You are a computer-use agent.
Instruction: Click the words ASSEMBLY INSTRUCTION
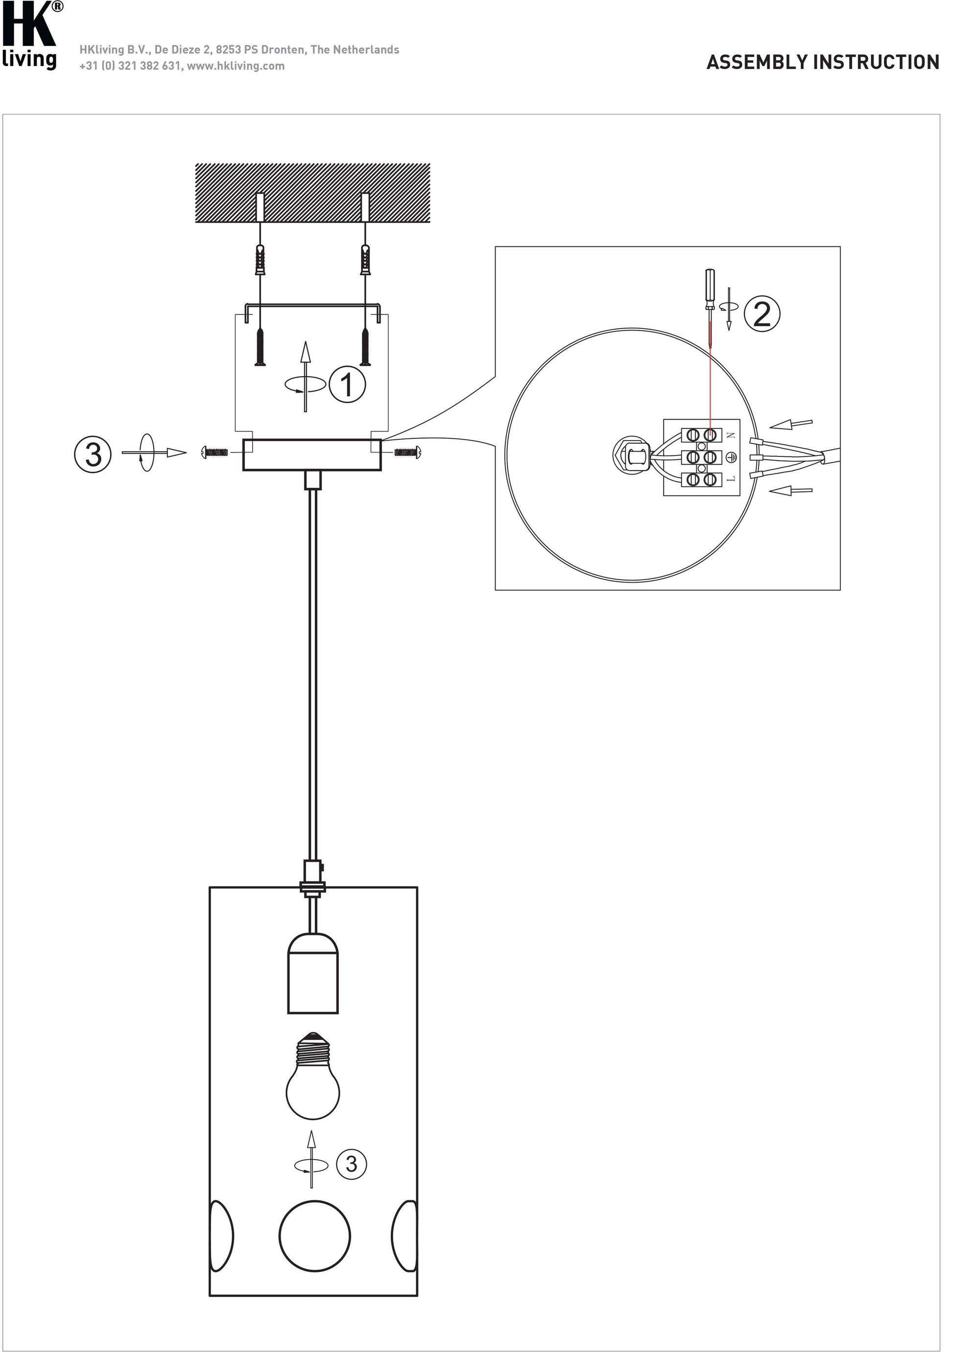pos(823,63)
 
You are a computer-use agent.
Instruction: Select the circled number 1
pos(347,384)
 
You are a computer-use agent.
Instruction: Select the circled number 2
pos(762,314)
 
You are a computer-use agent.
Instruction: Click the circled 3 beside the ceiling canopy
pos(93,454)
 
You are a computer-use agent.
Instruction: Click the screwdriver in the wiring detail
pos(711,309)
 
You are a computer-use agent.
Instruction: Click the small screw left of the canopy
pos(214,453)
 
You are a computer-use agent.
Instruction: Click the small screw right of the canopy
pos(407,453)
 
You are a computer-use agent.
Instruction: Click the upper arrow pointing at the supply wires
pos(791,424)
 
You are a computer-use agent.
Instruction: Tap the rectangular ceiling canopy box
pos(312,454)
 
